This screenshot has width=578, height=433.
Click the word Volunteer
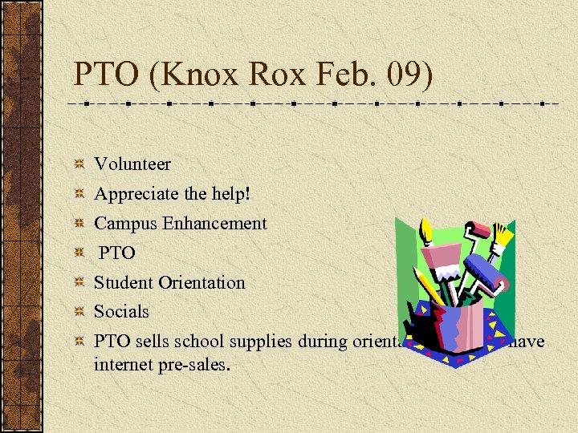(132, 164)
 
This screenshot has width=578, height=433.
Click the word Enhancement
(214, 224)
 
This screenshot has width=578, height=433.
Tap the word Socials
(121, 311)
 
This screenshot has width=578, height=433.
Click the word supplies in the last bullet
(261, 342)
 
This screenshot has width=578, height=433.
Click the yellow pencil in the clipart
(430, 285)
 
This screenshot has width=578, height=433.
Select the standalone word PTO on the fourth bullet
(117, 253)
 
